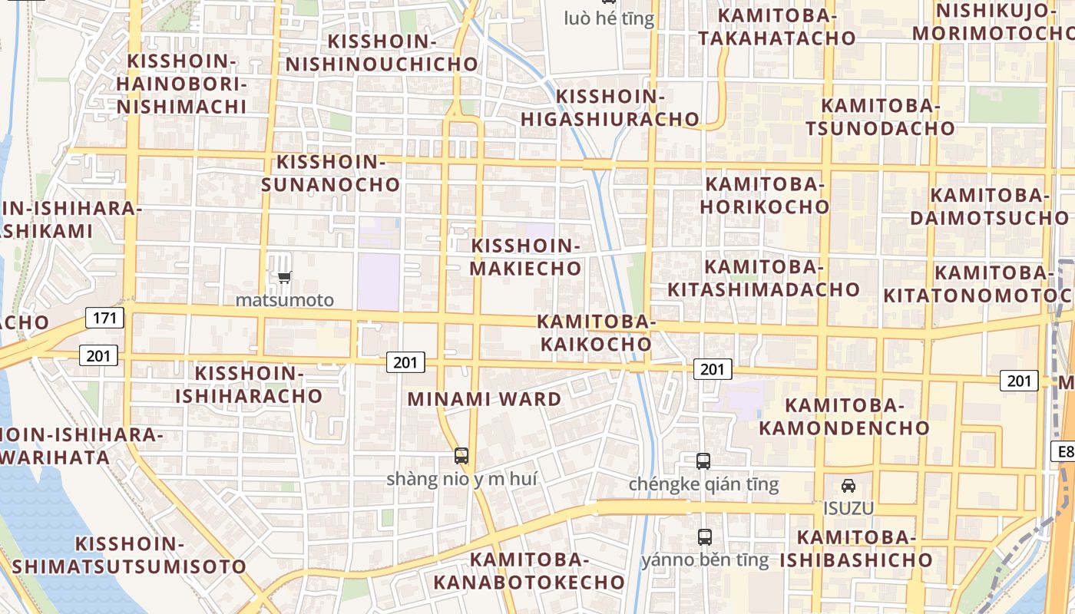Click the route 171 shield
coord(104,317)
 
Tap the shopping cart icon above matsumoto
coord(284,278)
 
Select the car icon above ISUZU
coord(848,486)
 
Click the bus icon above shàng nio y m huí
coord(461,456)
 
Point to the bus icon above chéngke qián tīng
coord(703,461)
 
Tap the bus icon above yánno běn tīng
coord(704,536)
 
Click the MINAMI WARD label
coord(485,399)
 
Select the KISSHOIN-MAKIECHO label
coord(526,257)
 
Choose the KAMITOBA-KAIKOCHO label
coord(596,333)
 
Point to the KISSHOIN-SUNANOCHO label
coord(331,173)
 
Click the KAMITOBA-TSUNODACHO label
coord(880,117)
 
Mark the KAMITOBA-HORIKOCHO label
coord(765,196)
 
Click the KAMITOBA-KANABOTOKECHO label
coord(529,571)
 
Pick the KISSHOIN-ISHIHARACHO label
coord(250,385)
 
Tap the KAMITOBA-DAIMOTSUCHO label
coord(989,206)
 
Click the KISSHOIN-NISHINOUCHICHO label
coord(382,53)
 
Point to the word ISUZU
coord(848,508)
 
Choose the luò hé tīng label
coord(609,18)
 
